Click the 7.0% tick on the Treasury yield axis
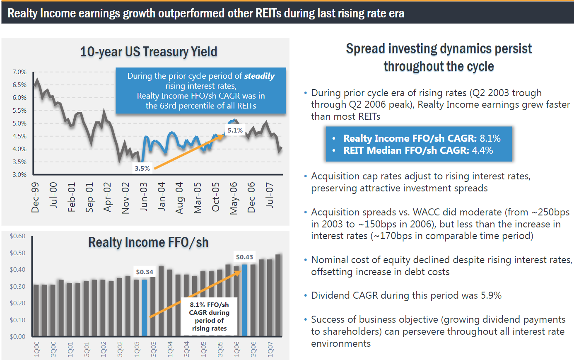(x=19, y=72)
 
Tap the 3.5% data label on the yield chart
(x=142, y=168)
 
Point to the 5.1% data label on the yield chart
(x=235, y=130)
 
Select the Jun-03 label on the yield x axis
(x=143, y=197)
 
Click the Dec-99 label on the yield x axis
(x=35, y=197)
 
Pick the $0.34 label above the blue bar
(x=145, y=272)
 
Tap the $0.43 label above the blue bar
(x=244, y=257)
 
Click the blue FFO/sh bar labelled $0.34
(x=145, y=307)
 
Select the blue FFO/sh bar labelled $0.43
(x=244, y=300)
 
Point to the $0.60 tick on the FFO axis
(x=17, y=236)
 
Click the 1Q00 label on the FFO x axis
(x=37, y=349)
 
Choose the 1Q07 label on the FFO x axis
(x=270, y=349)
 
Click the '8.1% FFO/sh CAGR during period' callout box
(x=209, y=317)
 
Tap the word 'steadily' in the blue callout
(x=259, y=76)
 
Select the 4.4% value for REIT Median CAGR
(x=482, y=150)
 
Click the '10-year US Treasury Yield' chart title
(x=149, y=52)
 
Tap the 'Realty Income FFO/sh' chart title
(x=148, y=242)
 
